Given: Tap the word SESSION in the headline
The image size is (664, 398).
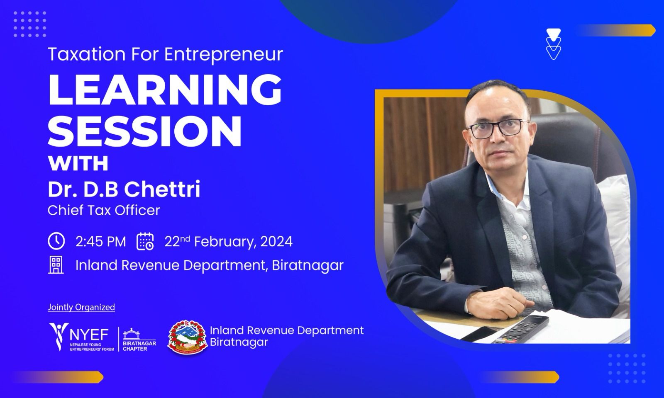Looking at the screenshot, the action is pyautogui.click(x=145, y=131).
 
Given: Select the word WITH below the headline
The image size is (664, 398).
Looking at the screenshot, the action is pyautogui.click(x=78, y=163).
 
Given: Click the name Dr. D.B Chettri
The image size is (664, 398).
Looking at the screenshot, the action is pyautogui.click(x=124, y=189).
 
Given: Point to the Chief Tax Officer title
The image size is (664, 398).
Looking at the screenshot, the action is pyautogui.click(x=104, y=210).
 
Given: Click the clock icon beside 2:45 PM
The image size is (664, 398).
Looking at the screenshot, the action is pyautogui.click(x=56, y=241).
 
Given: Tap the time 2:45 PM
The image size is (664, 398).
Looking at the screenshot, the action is pyautogui.click(x=101, y=242).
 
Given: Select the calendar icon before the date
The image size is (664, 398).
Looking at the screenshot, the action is pyautogui.click(x=145, y=242).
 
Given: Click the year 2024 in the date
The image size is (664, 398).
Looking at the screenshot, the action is pyautogui.click(x=276, y=242).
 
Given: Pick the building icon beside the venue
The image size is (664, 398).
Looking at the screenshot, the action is pyautogui.click(x=56, y=265).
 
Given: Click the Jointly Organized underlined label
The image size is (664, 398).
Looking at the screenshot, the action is pyautogui.click(x=81, y=307).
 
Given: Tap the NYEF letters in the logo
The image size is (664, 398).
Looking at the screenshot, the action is pyautogui.click(x=89, y=335).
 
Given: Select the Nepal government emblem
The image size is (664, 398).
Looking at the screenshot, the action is pyautogui.click(x=187, y=337).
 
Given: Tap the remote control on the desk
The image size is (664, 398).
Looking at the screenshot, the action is pyautogui.click(x=521, y=330).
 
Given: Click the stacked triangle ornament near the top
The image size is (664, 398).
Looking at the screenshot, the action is pyautogui.click(x=554, y=44).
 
